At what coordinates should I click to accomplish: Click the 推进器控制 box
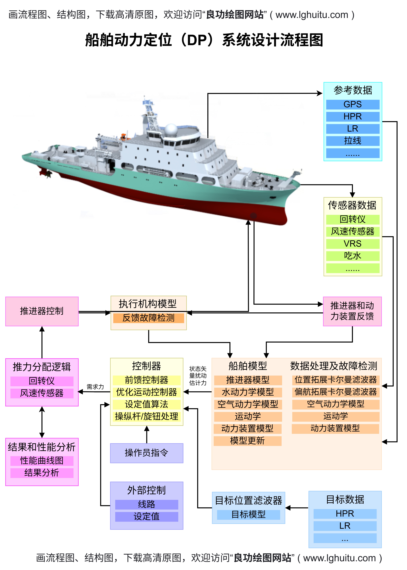42,311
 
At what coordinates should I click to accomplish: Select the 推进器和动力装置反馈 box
352,311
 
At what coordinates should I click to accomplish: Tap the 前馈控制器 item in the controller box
147,380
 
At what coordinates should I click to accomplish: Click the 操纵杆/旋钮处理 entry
147,416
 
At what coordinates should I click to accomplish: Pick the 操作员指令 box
147,453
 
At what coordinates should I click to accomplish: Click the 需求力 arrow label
95,387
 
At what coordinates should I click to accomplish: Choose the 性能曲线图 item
42,460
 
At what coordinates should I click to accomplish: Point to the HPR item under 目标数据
345,514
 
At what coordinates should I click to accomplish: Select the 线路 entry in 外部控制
147,504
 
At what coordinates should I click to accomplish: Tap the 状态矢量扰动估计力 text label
198,376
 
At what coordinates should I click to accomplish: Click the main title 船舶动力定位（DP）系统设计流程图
204,40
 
